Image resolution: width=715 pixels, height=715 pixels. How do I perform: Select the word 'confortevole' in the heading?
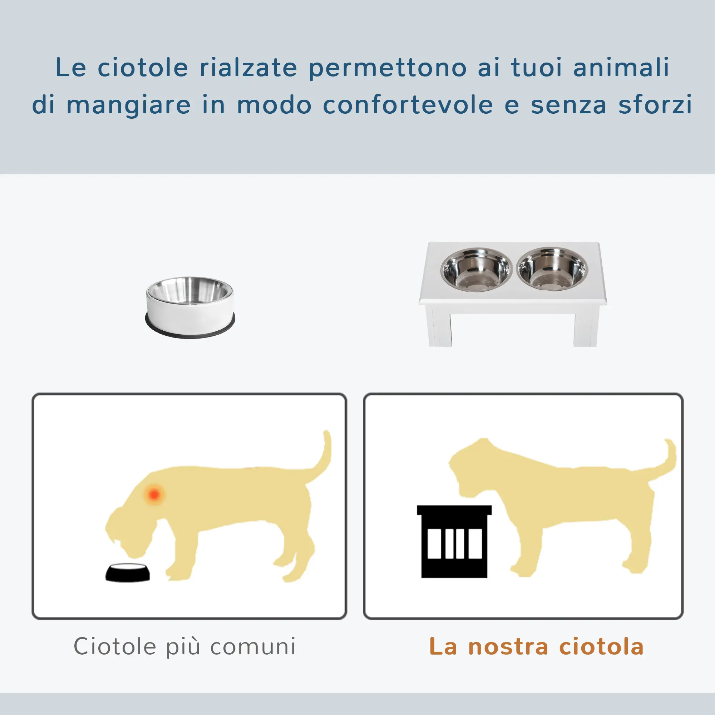click(x=408, y=105)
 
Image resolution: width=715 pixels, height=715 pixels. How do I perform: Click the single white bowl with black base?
click(x=190, y=307)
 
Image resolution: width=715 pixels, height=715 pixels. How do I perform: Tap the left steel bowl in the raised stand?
click(x=476, y=270)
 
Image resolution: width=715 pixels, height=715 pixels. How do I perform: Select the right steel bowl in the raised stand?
click(x=552, y=269)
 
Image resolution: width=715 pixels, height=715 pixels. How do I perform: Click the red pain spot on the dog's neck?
click(x=154, y=494)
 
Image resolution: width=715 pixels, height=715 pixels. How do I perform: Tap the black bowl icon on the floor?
click(x=128, y=572)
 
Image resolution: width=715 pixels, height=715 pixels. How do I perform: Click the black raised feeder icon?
click(x=454, y=541)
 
